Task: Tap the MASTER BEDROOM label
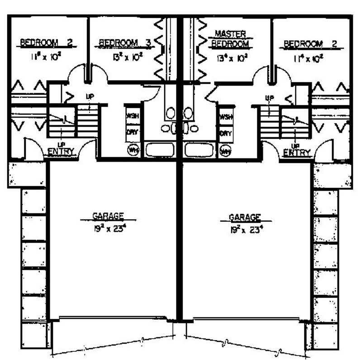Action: coord(230,39)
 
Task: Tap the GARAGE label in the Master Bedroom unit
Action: coord(245,216)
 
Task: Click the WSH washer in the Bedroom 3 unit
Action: coord(133,116)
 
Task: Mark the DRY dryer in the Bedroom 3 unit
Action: coord(133,134)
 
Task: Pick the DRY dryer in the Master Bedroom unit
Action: coord(225,134)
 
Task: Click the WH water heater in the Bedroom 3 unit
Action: coord(133,150)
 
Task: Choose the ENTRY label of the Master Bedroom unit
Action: coord(297,153)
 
